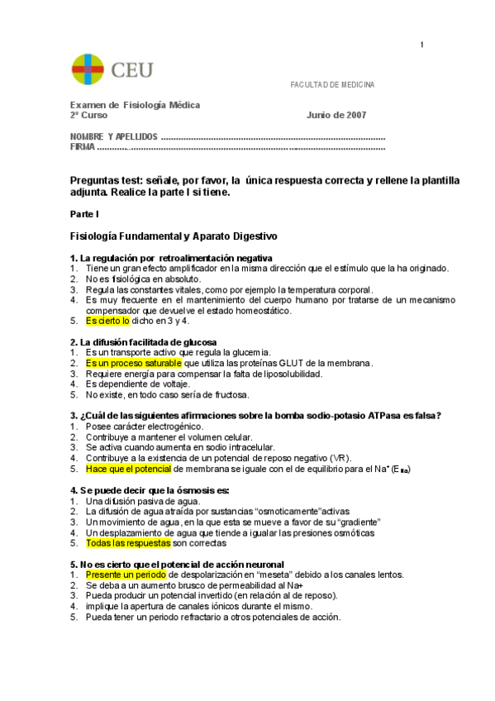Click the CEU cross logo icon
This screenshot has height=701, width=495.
[88, 70]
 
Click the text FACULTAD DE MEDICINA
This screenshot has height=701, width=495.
[331, 85]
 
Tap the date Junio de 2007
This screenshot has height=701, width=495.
[336, 116]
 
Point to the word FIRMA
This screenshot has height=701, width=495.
[82, 147]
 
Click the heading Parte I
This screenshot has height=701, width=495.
[84, 214]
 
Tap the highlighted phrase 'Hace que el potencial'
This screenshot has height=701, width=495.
[128, 469]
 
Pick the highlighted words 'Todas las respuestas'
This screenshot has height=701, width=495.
[127, 544]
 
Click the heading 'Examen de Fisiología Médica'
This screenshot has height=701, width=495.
[135, 105]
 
